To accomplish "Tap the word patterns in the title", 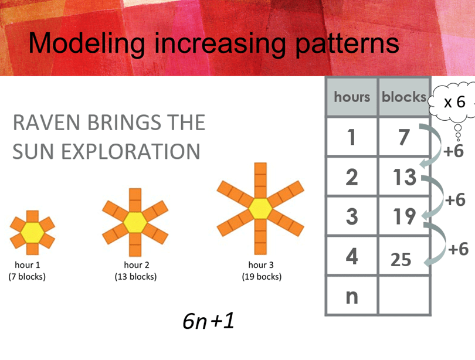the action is (347, 44).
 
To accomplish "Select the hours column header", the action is (352, 97).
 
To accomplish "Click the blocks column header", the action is (404, 97).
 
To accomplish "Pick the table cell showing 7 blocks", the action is (404, 137).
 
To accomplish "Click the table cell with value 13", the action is (404, 176).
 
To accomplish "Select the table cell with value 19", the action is (404, 216).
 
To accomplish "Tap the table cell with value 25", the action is (404, 256).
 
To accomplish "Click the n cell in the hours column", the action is (352, 296).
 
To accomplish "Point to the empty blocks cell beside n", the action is (404, 296).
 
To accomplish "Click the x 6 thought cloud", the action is (453, 102).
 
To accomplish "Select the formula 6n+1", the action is (208, 321).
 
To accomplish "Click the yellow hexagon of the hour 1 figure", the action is (32, 233).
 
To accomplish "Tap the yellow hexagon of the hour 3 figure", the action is (260, 208).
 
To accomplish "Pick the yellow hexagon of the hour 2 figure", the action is (135, 223).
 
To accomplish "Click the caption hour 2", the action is (137, 265).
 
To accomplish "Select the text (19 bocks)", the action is (262, 277).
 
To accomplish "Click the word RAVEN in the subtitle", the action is (46, 123).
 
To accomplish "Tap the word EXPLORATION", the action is (131, 151).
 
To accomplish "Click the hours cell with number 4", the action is (352, 256).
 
